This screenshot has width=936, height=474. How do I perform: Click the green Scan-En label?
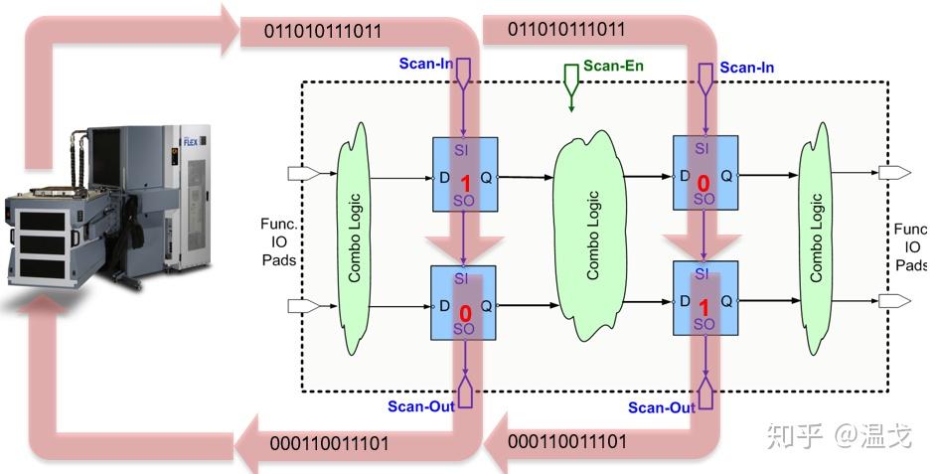pos(612,66)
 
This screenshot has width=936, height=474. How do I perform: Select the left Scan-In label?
pos(425,63)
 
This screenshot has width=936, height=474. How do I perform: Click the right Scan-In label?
pos(746,68)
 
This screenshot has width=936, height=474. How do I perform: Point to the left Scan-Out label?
pos(420,405)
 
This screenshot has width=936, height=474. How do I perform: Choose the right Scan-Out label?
pos(661,407)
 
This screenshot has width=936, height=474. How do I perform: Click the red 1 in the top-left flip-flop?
pos(464,184)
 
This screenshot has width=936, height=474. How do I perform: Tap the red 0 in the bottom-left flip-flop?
pos(464,314)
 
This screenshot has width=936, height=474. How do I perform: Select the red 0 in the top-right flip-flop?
pos(703,184)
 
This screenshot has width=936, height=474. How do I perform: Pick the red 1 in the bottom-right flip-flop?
pos(703,307)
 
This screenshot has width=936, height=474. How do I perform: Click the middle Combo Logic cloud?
pos(592,238)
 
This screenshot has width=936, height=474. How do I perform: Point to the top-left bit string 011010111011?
pos(322,31)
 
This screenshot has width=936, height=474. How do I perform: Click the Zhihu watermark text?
pos(841,435)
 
